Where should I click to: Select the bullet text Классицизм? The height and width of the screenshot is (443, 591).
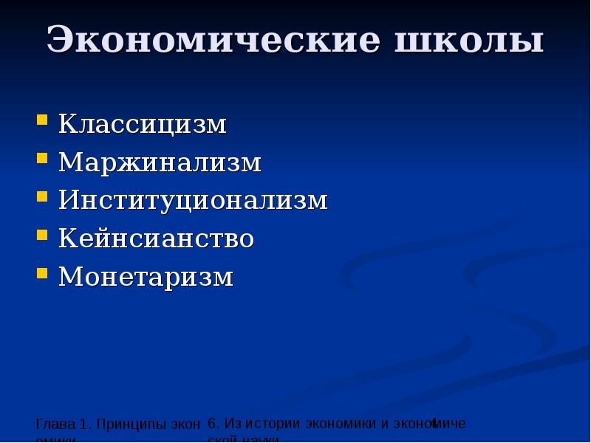click(143, 124)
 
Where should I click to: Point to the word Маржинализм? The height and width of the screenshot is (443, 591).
click(160, 162)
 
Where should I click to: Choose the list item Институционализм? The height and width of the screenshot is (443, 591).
click(193, 201)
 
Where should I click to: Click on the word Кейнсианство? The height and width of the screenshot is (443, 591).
click(157, 239)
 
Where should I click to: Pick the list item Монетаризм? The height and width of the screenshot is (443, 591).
click(146, 278)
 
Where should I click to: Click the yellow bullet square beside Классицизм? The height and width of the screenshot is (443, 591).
click(43, 118)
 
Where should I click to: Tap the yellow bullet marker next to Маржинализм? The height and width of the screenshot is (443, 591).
click(43, 157)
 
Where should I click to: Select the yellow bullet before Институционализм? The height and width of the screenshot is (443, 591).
click(43, 195)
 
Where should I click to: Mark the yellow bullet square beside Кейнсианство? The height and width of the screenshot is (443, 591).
click(43, 233)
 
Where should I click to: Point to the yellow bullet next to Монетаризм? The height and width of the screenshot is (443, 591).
click(43, 272)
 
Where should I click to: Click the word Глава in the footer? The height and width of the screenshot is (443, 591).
click(55, 425)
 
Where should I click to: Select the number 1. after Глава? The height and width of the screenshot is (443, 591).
click(84, 425)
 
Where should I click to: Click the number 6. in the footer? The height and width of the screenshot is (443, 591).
click(214, 424)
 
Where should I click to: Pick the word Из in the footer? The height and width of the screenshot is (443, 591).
click(232, 424)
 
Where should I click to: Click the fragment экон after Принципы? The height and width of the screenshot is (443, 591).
click(186, 425)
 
